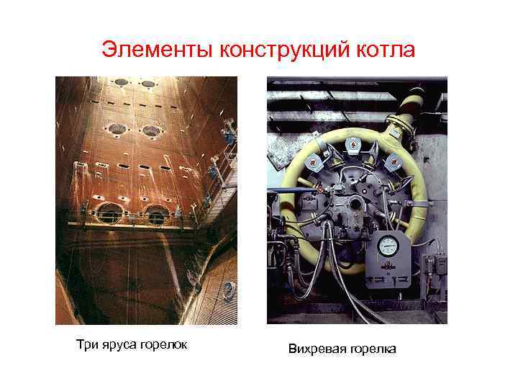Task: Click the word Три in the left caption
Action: point(86,344)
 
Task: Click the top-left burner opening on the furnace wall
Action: point(120,83)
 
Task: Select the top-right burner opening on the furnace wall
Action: point(149,84)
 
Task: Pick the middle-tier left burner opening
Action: point(117,130)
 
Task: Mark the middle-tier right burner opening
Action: point(151,131)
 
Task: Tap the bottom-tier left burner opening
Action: point(109,213)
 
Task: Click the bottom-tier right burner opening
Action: point(156,213)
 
